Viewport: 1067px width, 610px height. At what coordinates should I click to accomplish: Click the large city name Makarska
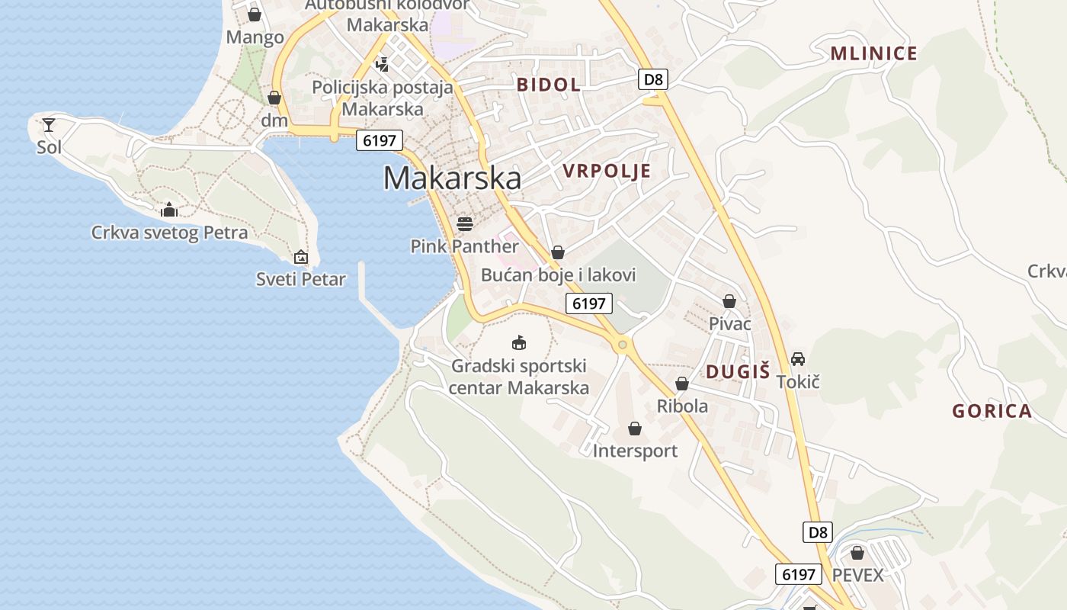[452, 178]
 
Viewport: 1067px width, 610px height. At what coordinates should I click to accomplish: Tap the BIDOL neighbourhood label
[549, 85]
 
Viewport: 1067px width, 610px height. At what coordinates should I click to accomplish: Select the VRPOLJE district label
[607, 171]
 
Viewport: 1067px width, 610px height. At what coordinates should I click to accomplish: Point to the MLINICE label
[873, 53]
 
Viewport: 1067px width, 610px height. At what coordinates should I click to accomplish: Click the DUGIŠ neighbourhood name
[738, 372]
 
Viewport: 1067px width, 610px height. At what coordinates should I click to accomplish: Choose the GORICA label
[992, 412]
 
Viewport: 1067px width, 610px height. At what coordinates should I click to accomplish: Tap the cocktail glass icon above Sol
[49, 124]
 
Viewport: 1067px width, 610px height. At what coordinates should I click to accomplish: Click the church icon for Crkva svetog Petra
[169, 210]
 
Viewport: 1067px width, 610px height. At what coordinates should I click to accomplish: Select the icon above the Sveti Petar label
[301, 257]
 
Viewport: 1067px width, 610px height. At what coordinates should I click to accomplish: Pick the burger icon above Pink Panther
[465, 223]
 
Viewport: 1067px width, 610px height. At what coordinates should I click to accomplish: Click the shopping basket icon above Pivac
[729, 301]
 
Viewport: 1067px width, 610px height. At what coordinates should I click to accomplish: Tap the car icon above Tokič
[798, 358]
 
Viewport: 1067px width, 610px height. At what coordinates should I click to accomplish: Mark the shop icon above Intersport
[635, 429]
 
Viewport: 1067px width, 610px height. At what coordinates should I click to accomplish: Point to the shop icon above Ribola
[682, 384]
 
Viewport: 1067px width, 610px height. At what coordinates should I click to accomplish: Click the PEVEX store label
[857, 574]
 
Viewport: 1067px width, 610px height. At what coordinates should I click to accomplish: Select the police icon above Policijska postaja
[383, 64]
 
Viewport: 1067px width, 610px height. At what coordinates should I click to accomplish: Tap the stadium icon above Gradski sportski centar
[519, 342]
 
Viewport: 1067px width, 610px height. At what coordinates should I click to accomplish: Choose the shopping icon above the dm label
[274, 98]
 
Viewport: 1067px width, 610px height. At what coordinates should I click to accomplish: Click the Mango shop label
[255, 37]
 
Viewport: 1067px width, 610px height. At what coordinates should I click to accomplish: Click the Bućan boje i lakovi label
[558, 274]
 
